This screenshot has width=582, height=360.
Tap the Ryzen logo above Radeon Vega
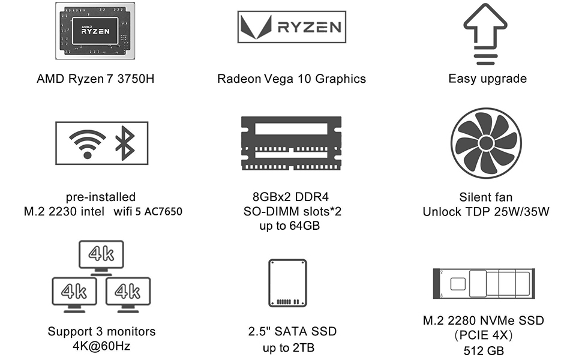[291, 26]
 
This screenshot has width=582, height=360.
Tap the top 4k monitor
[101, 254]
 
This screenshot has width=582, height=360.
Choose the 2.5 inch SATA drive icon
[287, 283]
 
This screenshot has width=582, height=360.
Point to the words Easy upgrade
[487, 79]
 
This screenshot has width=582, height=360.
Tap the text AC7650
[163, 212]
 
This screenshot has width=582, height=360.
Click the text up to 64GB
[289, 226]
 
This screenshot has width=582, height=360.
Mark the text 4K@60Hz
[101, 346]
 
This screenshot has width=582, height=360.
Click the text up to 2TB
[289, 348]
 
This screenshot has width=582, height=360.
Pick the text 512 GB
[484, 351]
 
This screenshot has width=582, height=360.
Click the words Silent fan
[486, 197]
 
